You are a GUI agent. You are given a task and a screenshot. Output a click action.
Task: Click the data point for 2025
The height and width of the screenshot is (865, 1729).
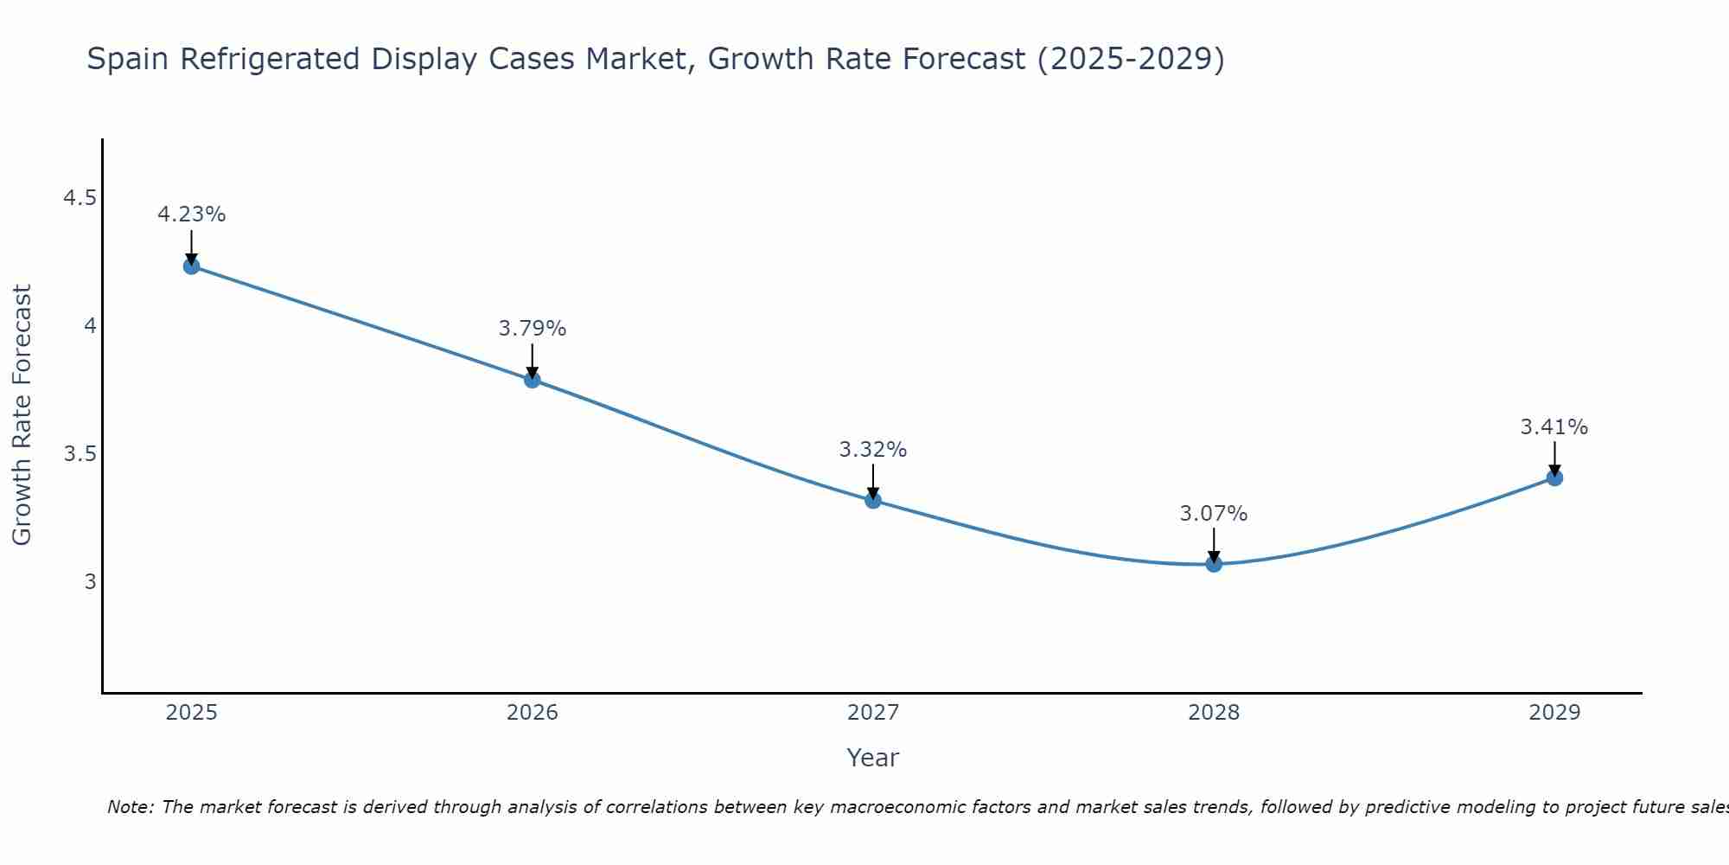coord(192,266)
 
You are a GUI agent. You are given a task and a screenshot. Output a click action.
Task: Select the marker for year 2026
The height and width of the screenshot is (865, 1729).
coord(533,380)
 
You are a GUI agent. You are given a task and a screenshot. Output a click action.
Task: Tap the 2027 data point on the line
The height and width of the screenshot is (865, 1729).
coord(873,500)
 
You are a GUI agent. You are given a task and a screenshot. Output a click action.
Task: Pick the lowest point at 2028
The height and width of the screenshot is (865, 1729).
coord(1214,564)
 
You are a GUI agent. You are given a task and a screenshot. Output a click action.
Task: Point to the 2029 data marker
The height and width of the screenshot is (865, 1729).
coord(1554,477)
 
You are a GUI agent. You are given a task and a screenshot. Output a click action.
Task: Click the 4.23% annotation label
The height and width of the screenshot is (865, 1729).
coord(192,215)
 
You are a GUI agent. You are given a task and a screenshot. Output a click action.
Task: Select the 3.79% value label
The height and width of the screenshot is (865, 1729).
coord(533,329)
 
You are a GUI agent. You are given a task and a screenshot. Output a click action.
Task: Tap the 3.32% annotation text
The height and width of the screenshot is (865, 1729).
coord(873,450)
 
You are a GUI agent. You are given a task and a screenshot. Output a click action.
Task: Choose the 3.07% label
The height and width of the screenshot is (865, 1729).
coord(1214,514)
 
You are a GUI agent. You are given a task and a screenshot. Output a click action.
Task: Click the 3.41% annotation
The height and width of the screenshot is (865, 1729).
coord(1554,427)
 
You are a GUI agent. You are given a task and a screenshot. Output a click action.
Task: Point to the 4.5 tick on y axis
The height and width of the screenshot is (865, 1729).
coord(80,199)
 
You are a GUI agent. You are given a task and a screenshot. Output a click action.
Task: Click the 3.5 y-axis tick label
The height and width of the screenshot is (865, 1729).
coord(80,454)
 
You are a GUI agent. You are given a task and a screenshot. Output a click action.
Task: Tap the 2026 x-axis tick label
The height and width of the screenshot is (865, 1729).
coord(533,713)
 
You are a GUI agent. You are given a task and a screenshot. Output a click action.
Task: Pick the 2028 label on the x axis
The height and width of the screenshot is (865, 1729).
coord(1214,713)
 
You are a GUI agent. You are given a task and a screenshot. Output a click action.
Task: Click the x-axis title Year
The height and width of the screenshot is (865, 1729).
coord(873,758)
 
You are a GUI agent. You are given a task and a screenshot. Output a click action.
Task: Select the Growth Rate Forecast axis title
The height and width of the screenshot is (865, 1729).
coord(22,415)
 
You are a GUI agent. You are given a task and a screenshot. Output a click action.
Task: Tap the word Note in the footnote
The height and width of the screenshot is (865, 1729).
coord(130,808)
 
